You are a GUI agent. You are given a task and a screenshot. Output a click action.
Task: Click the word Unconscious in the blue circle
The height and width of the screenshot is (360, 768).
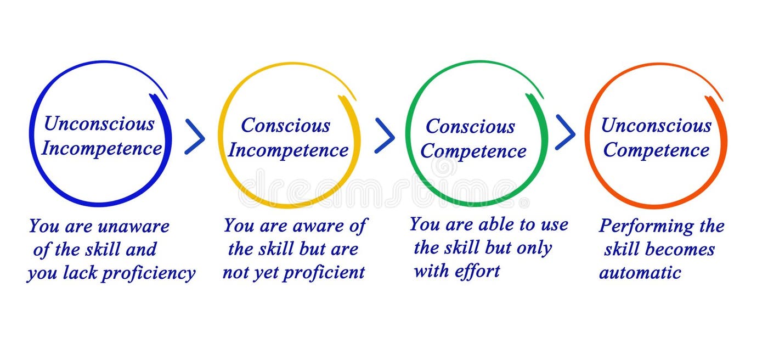[x=99, y=124]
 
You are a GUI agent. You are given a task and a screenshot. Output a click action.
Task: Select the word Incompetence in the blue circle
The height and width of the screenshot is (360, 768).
[x=101, y=148]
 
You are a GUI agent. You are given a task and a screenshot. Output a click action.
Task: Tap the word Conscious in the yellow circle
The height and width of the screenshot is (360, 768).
[x=285, y=126]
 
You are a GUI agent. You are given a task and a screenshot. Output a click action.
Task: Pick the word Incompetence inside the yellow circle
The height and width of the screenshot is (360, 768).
[x=288, y=150]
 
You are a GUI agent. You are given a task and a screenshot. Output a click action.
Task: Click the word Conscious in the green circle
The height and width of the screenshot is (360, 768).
[x=470, y=127]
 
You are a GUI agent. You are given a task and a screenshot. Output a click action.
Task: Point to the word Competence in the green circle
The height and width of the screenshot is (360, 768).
[x=473, y=151]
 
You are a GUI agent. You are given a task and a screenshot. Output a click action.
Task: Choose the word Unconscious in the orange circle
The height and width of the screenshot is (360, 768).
[x=656, y=126]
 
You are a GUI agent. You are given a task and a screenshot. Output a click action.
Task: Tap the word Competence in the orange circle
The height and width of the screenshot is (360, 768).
[x=656, y=150]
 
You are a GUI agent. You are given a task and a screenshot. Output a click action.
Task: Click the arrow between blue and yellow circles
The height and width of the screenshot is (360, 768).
[x=194, y=137]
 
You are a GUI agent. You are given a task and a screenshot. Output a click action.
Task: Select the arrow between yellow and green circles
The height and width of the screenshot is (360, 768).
[x=385, y=136]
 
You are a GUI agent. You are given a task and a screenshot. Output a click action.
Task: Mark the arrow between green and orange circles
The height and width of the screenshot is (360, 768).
[x=565, y=133]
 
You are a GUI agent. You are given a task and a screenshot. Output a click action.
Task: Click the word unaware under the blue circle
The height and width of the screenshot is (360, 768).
[x=133, y=226]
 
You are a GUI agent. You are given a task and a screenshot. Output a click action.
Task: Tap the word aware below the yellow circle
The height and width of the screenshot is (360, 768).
[x=318, y=226]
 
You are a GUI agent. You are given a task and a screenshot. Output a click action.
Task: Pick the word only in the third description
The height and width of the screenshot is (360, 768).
[x=533, y=248]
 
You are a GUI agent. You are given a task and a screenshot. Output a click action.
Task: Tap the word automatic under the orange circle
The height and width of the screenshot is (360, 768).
[x=640, y=273]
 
